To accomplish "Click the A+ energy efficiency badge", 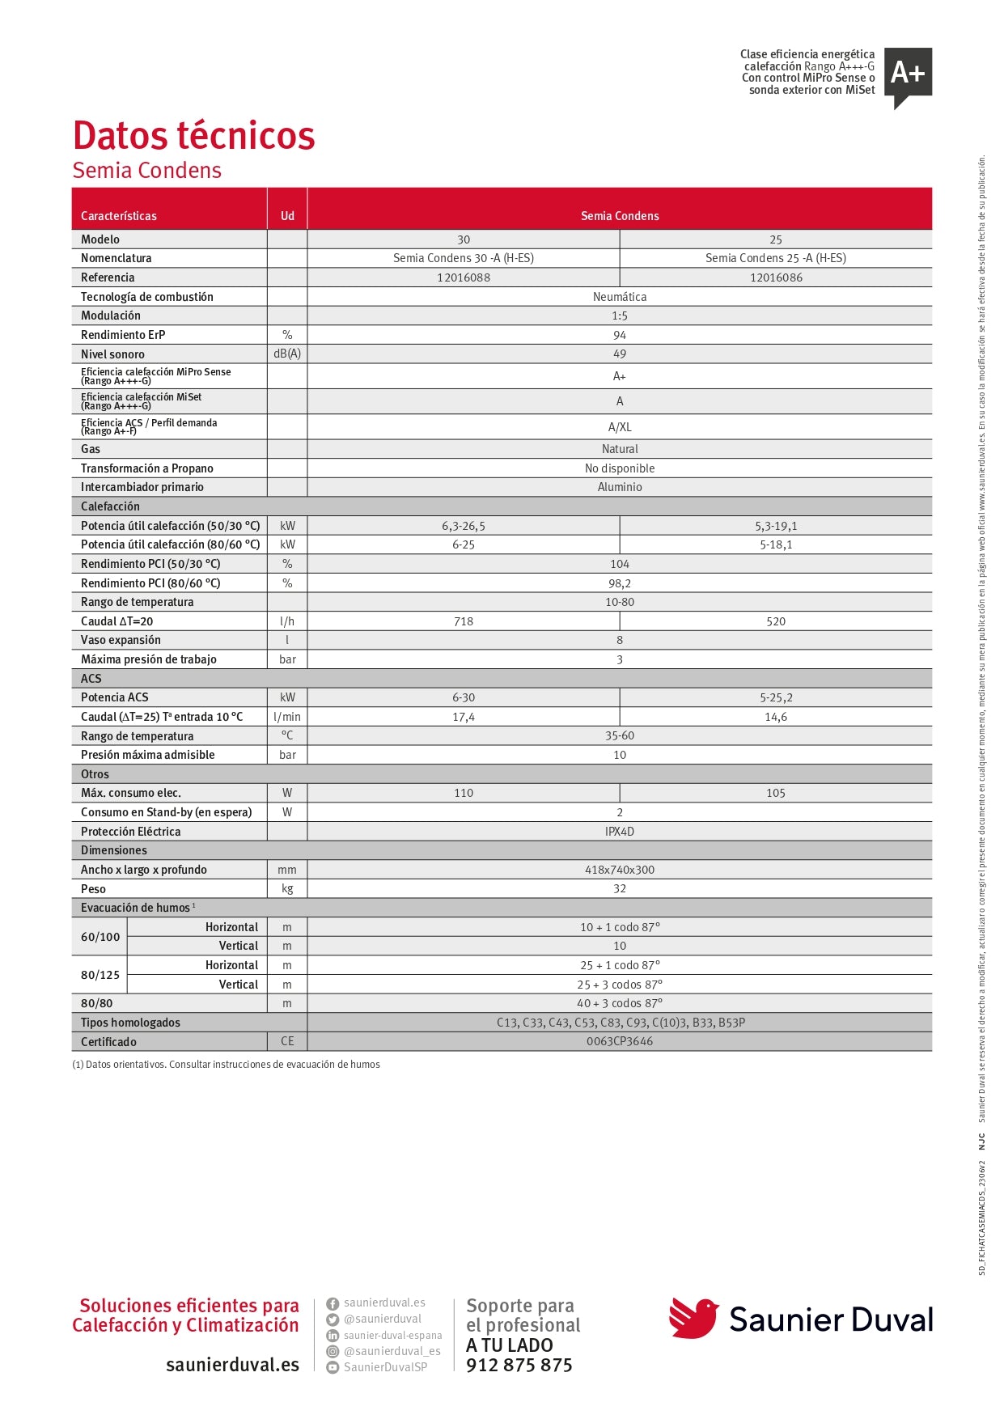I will [908, 75].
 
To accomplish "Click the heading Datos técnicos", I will [194, 136].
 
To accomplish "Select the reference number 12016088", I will [464, 277].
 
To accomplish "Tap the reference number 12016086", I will [776, 277].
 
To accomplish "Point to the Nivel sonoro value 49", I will [620, 354].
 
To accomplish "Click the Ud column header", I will [287, 216].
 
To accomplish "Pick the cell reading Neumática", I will [620, 297].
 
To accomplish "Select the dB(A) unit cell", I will [287, 354].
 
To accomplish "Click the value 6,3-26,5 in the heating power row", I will [464, 526].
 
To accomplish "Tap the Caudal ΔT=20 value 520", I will [776, 621].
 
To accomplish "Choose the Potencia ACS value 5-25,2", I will [776, 697].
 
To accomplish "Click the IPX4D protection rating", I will [620, 832].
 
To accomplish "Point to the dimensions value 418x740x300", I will [620, 870].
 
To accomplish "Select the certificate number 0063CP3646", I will [620, 1041].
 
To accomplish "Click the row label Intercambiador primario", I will [142, 487].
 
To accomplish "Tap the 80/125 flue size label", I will [100, 975].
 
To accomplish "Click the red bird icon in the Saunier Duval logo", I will [693, 1318].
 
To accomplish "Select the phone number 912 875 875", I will [519, 1366].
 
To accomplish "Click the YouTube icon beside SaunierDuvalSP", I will [333, 1367].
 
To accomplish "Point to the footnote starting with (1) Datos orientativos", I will [227, 1065].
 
